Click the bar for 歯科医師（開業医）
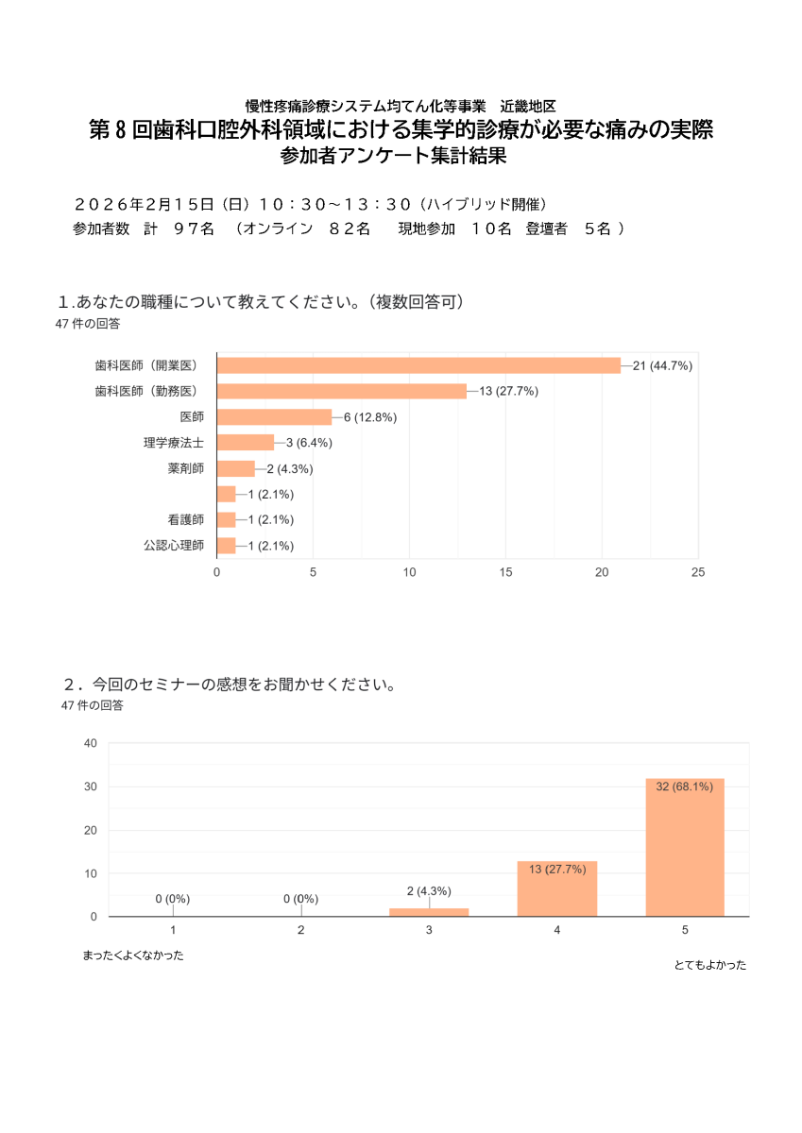click(418, 365)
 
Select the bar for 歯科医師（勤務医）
click(341, 391)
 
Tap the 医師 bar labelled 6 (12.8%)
click(274, 417)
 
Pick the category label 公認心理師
click(174, 546)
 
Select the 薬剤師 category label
click(185, 468)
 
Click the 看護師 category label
click(185, 519)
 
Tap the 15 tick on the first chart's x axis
click(505, 572)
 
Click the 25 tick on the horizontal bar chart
click(698, 572)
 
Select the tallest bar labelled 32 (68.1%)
click(685, 847)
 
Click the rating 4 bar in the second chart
click(557, 888)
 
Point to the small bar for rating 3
click(429, 912)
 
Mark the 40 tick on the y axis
click(91, 743)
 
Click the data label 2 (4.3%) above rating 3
click(429, 891)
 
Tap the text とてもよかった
click(709, 965)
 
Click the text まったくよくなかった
click(132, 955)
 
